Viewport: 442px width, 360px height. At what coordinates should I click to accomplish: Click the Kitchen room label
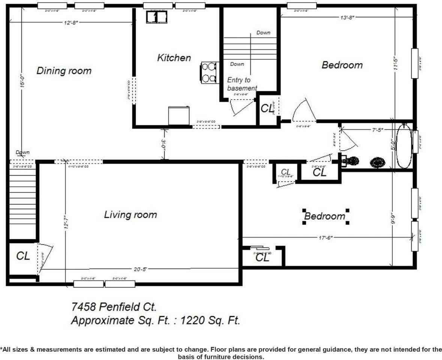click(174, 58)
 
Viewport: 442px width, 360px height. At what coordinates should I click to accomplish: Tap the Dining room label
click(64, 71)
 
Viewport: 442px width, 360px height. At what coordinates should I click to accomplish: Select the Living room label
click(130, 215)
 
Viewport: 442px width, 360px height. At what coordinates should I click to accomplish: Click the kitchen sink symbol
click(156, 17)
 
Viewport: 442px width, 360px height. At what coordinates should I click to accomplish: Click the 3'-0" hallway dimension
click(163, 144)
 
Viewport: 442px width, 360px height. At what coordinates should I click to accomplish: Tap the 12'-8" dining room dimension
click(71, 22)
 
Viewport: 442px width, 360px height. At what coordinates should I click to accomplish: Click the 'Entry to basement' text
click(242, 84)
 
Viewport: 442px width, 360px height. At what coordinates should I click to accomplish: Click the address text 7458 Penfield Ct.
click(114, 307)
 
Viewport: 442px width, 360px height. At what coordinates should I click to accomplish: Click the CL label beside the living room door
click(23, 256)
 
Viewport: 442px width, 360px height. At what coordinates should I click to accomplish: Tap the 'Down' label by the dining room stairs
click(22, 153)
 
